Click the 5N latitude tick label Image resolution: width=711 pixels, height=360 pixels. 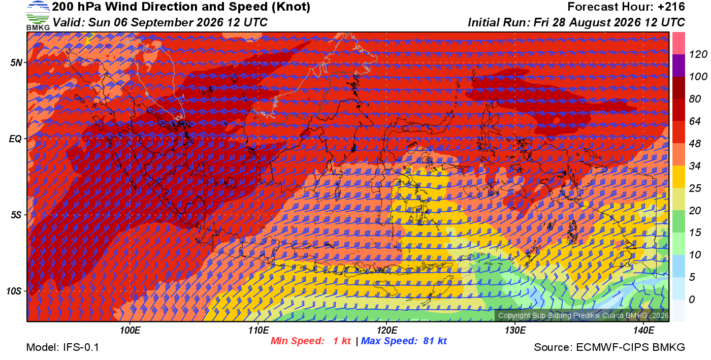click(x=16, y=63)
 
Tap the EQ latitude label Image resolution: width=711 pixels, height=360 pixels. click(x=16, y=139)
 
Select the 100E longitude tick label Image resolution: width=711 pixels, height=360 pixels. click(x=130, y=331)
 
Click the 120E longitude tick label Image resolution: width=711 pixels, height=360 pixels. click(x=387, y=331)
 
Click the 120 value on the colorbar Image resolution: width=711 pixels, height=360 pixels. click(x=698, y=55)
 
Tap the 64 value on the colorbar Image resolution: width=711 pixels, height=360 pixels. click(x=695, y=121)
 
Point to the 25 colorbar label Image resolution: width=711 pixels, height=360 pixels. click(x=695, y=188)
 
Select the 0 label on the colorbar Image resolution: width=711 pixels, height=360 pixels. click(x=692, y=300)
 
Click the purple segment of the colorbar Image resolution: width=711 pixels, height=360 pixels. click(x=678, y=66)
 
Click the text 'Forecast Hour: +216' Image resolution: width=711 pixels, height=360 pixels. click(x=626, y=7)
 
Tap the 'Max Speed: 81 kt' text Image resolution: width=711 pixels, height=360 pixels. click(x=404, y=341)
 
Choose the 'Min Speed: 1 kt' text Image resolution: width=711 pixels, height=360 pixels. click(x=310, y=341)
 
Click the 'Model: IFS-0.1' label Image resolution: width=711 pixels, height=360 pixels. click(x=62, y=347)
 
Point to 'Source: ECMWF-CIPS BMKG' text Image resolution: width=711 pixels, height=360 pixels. click(x=609, y=347)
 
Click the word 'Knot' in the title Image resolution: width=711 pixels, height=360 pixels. click(x=290, y=7)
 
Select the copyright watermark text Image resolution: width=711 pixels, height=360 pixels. click(x=583, y=315)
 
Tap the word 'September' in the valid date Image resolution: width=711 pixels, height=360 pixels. click(x=161, y=22)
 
